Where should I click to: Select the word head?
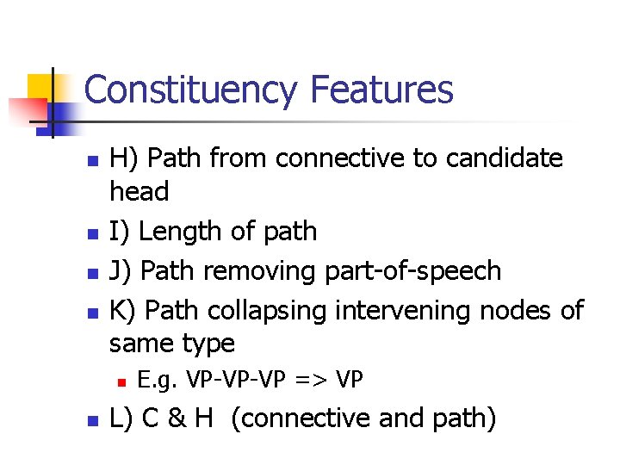pyautogui.click(x=139, y=192)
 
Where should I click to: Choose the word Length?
pyautogui.click(x=184, y=232)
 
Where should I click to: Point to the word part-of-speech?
pyautogui.click(x=413, y=271)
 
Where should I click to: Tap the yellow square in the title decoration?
pyautogui.click(x=41, y=90)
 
